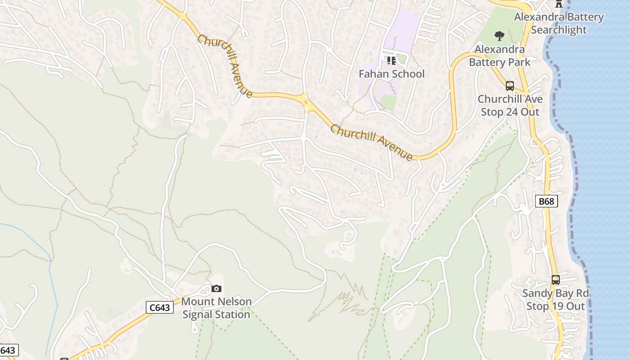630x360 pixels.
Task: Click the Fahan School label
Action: coord(391,74)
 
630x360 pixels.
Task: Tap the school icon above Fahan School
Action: coord(391,60)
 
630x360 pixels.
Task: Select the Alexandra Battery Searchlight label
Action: coord(558,23)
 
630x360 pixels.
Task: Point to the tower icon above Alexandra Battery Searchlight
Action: coord(559,4)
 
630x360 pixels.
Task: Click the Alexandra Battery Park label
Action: coord(499,55)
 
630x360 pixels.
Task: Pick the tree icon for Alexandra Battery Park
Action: coord(499,36)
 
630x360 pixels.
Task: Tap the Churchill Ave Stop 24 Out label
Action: coord(510,105)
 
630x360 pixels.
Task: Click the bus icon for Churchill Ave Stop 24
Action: coord(509,85)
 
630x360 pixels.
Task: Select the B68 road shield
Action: coord(546,201)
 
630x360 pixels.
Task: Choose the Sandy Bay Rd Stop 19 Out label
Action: coord(555,300)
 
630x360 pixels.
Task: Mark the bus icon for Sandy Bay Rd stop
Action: coord(555,280)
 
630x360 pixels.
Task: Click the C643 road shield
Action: coord(160,308)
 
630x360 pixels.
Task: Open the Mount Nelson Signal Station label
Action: coord(216,308)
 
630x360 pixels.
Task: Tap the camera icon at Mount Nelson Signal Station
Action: coord(216,288)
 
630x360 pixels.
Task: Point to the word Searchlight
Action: coord(558,30)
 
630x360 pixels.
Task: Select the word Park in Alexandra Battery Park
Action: coord(519,62)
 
